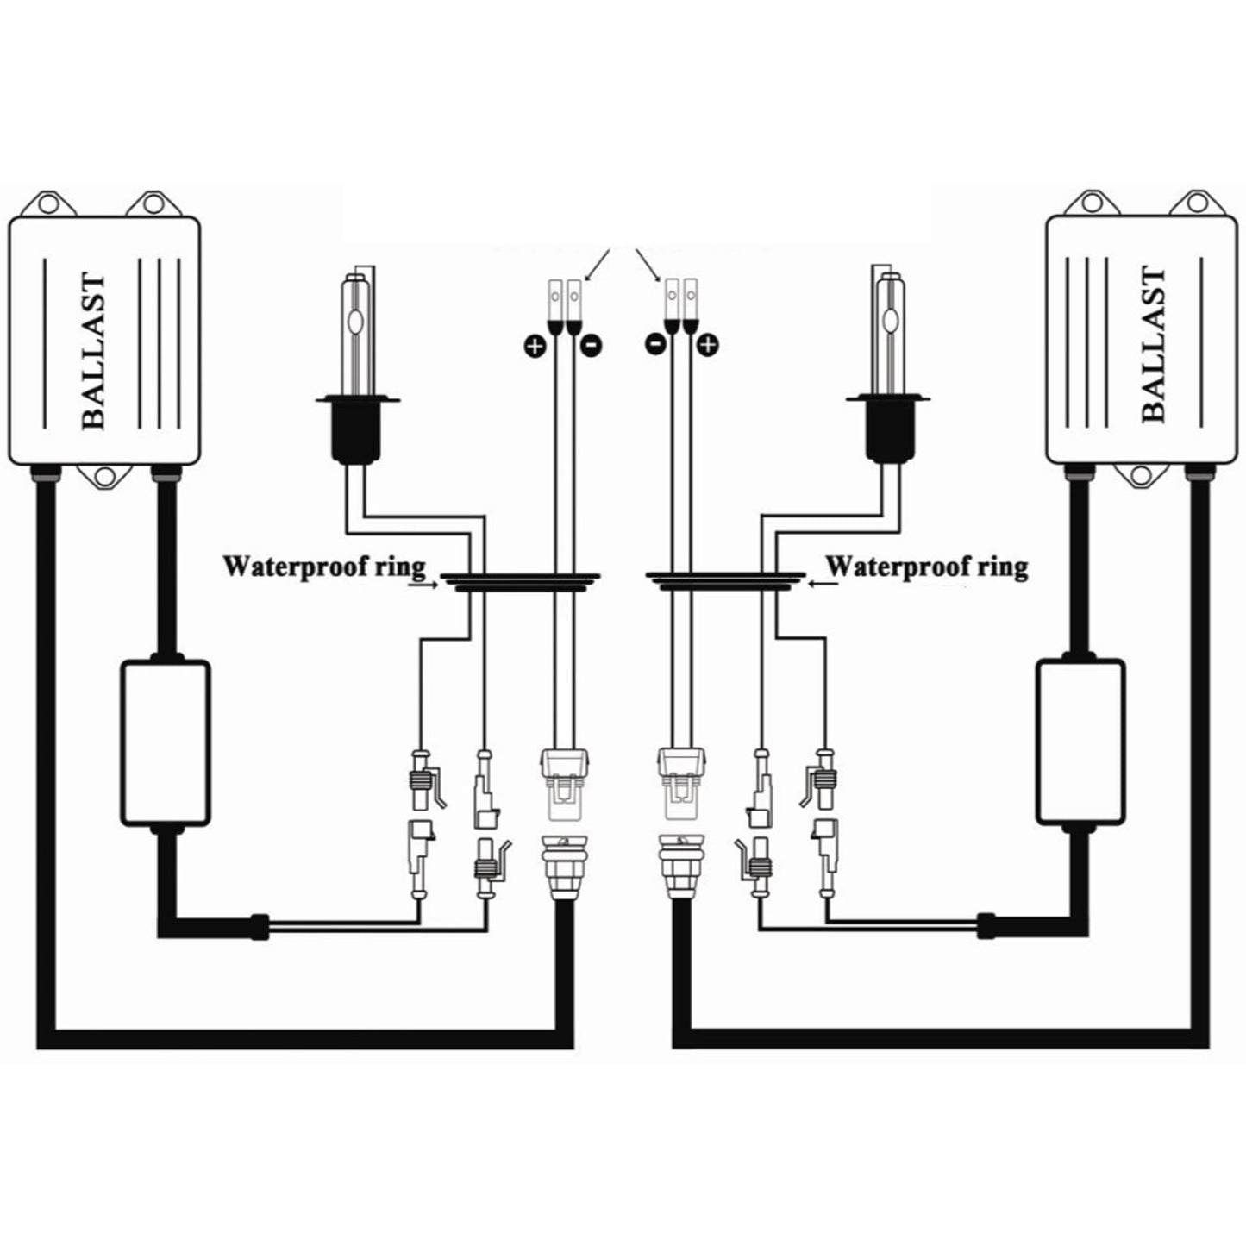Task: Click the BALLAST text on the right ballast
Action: click(1152, 344)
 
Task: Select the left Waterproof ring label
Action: click(324, 567)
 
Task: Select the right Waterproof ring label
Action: click(927, 567)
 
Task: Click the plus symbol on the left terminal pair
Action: click(535, 346)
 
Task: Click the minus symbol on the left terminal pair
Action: click(592, 346)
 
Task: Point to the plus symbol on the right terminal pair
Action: click(709, 346)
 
